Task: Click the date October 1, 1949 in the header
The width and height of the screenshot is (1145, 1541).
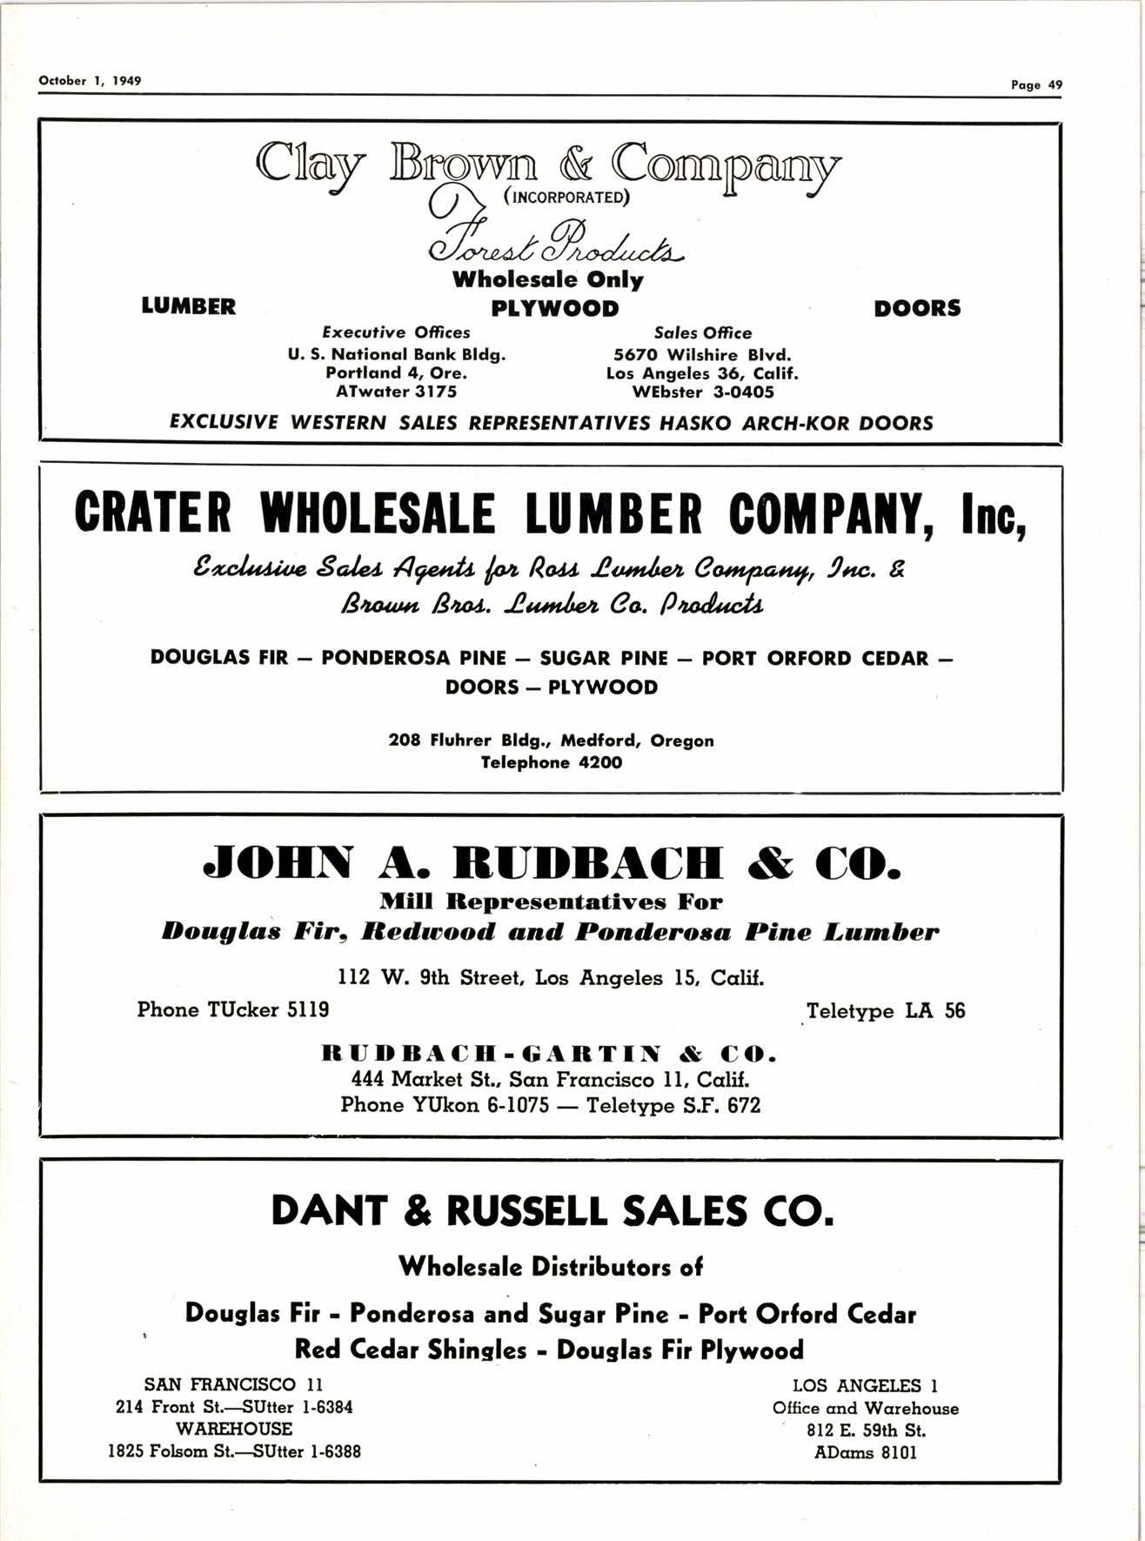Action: pos(90,81)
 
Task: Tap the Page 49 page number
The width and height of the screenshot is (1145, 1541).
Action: pos(1036,84)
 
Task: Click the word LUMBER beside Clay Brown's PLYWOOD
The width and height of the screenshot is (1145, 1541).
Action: pos(188,306)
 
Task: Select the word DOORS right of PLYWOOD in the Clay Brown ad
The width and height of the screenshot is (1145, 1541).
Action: pos(917,308)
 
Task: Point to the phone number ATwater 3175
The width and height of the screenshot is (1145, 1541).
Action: pos(396,392)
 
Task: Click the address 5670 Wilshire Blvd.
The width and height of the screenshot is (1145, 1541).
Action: pos(702,355)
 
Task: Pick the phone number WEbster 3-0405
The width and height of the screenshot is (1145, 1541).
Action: pos(702,392)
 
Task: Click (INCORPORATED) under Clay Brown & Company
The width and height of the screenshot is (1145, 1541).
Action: pos(566,197)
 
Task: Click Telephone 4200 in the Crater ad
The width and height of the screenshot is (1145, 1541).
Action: pos(552,763)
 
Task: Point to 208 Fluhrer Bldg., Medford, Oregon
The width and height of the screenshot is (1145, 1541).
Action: pos(552,741)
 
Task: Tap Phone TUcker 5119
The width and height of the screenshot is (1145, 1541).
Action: pos(233,1009)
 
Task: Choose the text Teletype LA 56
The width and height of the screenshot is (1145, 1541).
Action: pos(885,1011)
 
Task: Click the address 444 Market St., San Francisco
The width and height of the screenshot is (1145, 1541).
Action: pos(550,1080)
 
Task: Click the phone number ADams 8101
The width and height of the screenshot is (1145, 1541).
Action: pos(866,1452)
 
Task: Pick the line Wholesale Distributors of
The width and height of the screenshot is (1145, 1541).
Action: pos(551,1267)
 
